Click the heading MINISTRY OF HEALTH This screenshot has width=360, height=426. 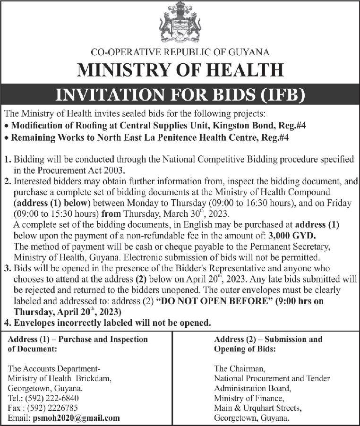(180, 70)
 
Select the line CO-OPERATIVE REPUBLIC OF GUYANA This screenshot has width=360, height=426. (180, 52)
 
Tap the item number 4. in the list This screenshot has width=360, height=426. (7, 323)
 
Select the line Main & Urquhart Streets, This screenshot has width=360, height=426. (257, 408)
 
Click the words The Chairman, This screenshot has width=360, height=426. (240, 368)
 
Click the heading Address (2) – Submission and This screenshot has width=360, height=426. (268, 339)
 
